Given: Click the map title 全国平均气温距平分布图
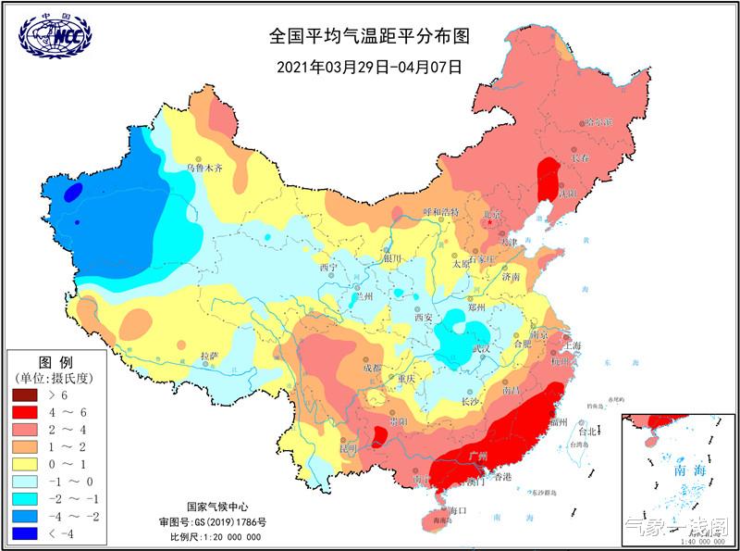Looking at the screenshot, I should coord(370,37).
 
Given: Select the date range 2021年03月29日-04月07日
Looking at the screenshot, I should coord(370,67).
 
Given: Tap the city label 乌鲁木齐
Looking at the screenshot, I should coord(205,169).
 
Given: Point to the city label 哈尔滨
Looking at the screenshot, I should coord(598,122).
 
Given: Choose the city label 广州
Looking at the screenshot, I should coord(479,456).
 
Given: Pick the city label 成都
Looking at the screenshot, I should coord(371,368).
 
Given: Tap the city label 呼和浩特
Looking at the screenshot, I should coord(441,212).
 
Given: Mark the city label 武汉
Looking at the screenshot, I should coord(481,349).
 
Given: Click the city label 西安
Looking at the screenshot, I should coord(424,318).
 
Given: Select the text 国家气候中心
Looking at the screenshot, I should coord(216,507).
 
